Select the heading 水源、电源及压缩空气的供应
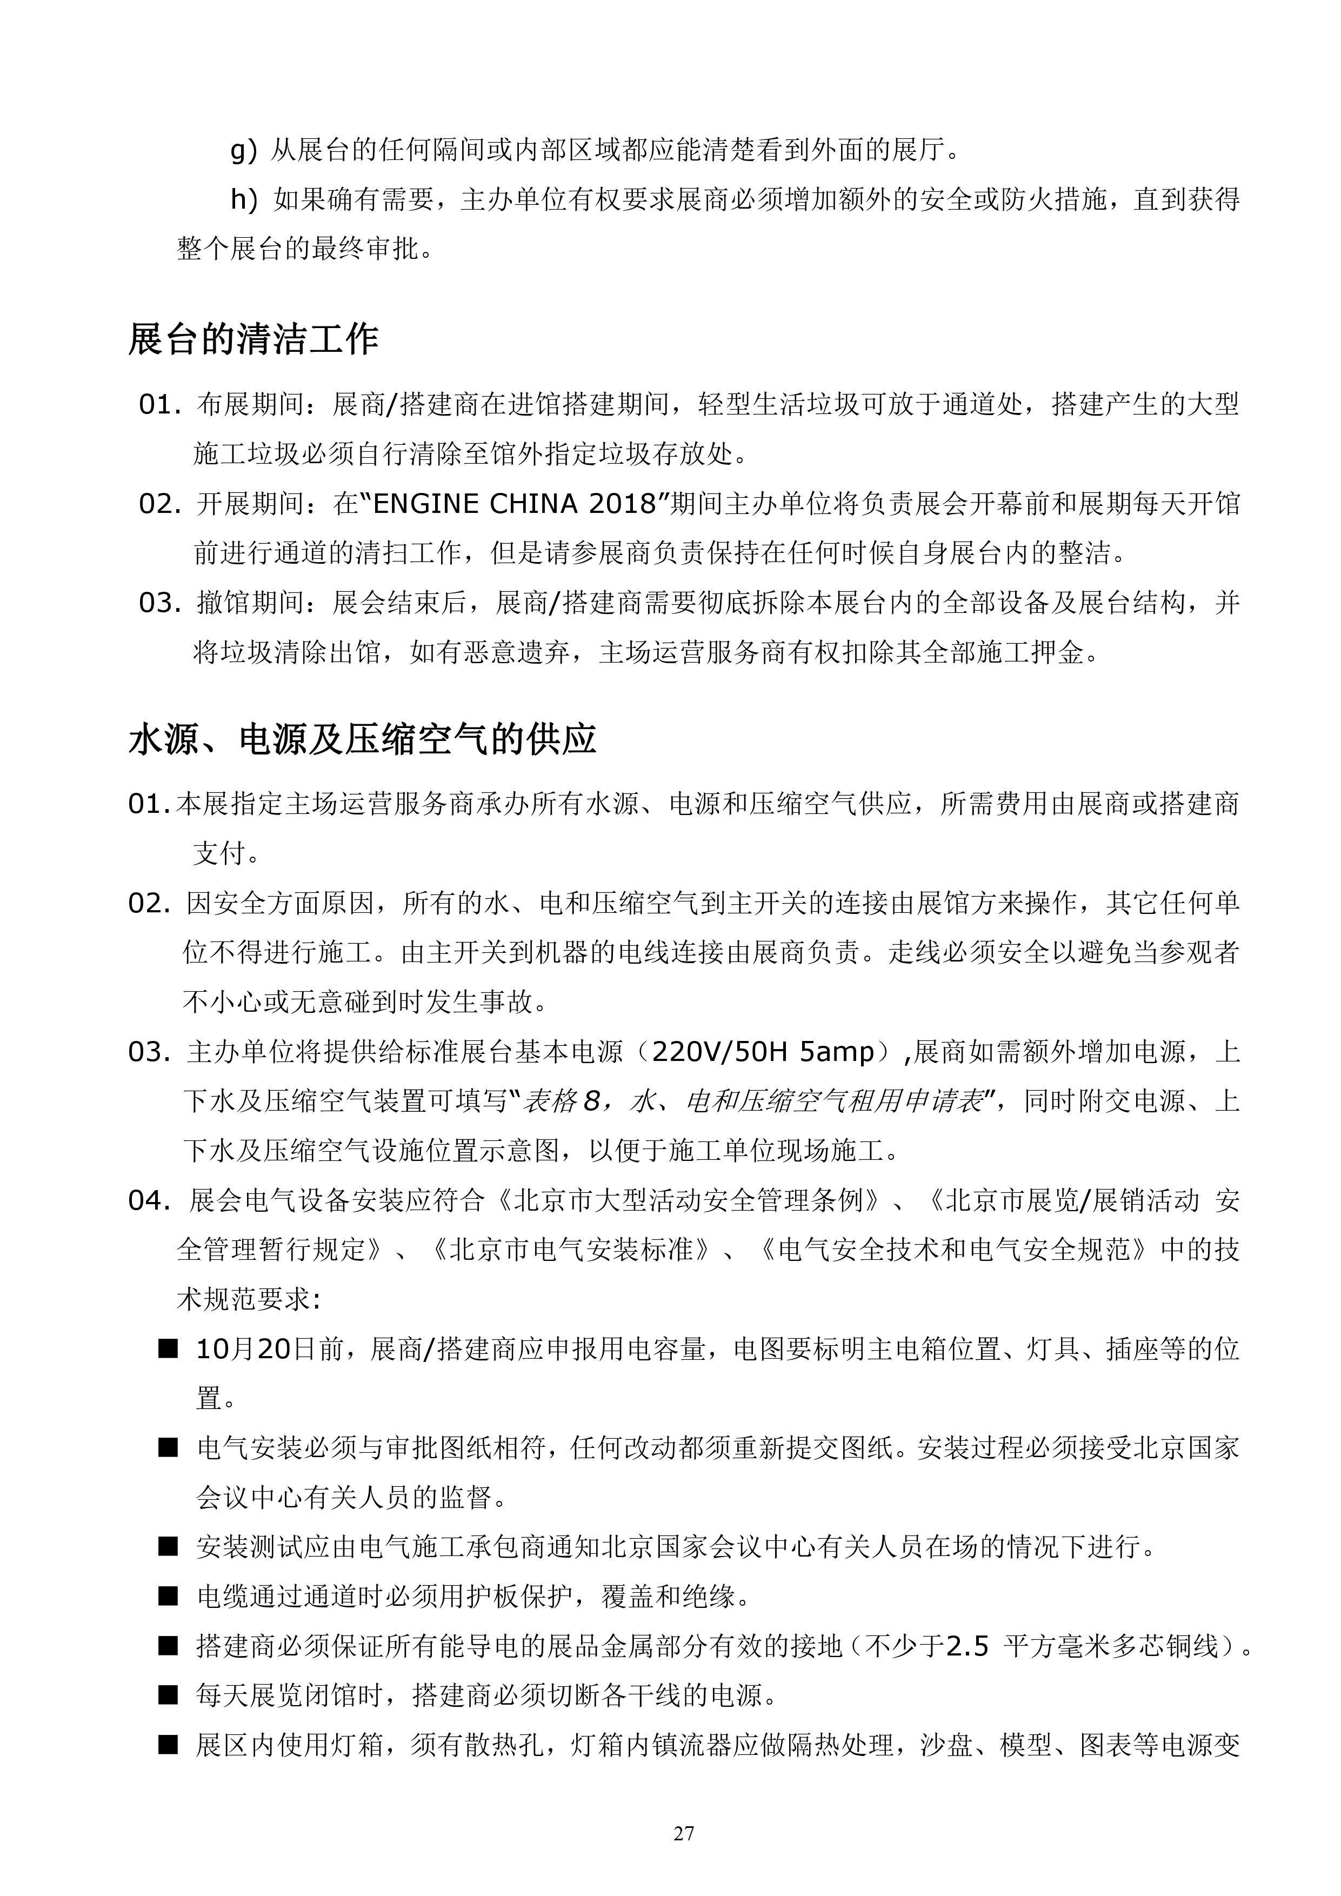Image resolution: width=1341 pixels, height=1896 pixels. pos(362,739)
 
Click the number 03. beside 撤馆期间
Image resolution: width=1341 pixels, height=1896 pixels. pos(159,603)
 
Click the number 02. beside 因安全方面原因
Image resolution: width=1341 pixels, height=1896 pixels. pos(149,903)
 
